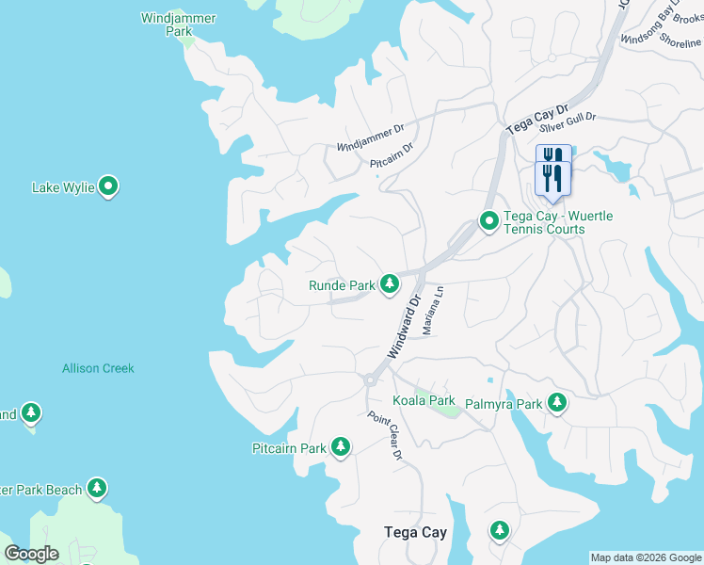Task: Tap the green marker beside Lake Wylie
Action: click(109, 187)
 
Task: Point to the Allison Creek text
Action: click(98, 368)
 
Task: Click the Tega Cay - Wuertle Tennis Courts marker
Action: click(489, 222)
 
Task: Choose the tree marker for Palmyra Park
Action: click(557, 403)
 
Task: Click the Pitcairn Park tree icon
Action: click(340, 447)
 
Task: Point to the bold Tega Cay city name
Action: click(415, 532)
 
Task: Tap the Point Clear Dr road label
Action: click(385, 436)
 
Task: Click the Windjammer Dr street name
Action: click(370, 140)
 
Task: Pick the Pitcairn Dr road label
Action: click(392, 156)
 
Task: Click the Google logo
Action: click(31, 553)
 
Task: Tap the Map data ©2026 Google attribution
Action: click(646, 557)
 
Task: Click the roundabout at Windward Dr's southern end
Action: click(369, 379)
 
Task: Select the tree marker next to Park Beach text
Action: click(96, 488)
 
